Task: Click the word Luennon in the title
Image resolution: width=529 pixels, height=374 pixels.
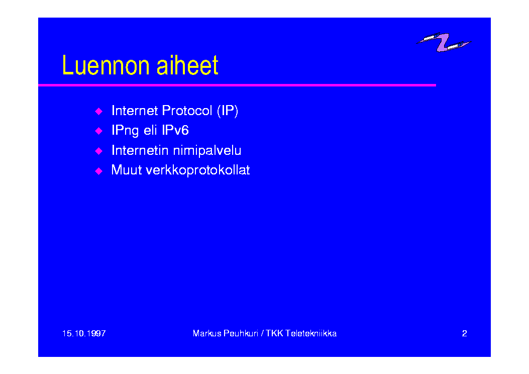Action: pos(105,65)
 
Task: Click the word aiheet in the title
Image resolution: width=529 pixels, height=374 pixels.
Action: pos(187,65)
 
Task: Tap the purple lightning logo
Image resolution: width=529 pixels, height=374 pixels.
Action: pos(444,42)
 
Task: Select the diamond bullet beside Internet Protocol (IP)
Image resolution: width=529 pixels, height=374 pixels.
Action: pos(98,111)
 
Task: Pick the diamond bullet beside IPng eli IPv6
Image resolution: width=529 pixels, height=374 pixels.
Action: pos(98,131)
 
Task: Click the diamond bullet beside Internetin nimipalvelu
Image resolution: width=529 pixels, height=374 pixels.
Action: pos(98,150)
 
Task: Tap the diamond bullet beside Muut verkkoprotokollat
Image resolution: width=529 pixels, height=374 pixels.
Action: pos(98,171)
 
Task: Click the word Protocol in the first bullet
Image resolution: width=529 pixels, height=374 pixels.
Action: pos(187,111)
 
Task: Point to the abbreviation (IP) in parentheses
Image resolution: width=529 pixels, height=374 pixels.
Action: pos(228,111)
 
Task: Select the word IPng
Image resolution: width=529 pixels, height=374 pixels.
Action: pos(125,131)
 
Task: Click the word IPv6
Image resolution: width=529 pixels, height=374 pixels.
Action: pos(175,130)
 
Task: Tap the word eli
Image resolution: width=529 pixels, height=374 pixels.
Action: pos(150,130)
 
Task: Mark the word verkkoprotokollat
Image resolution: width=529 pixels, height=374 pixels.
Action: pos(198,170)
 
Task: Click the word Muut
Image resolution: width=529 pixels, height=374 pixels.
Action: pos(127,170)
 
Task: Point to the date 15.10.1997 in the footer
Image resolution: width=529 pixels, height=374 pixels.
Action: pos(84,333)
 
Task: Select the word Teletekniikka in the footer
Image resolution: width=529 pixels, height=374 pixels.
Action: pos(311,333)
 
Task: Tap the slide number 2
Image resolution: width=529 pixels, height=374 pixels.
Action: pos(465,333)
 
